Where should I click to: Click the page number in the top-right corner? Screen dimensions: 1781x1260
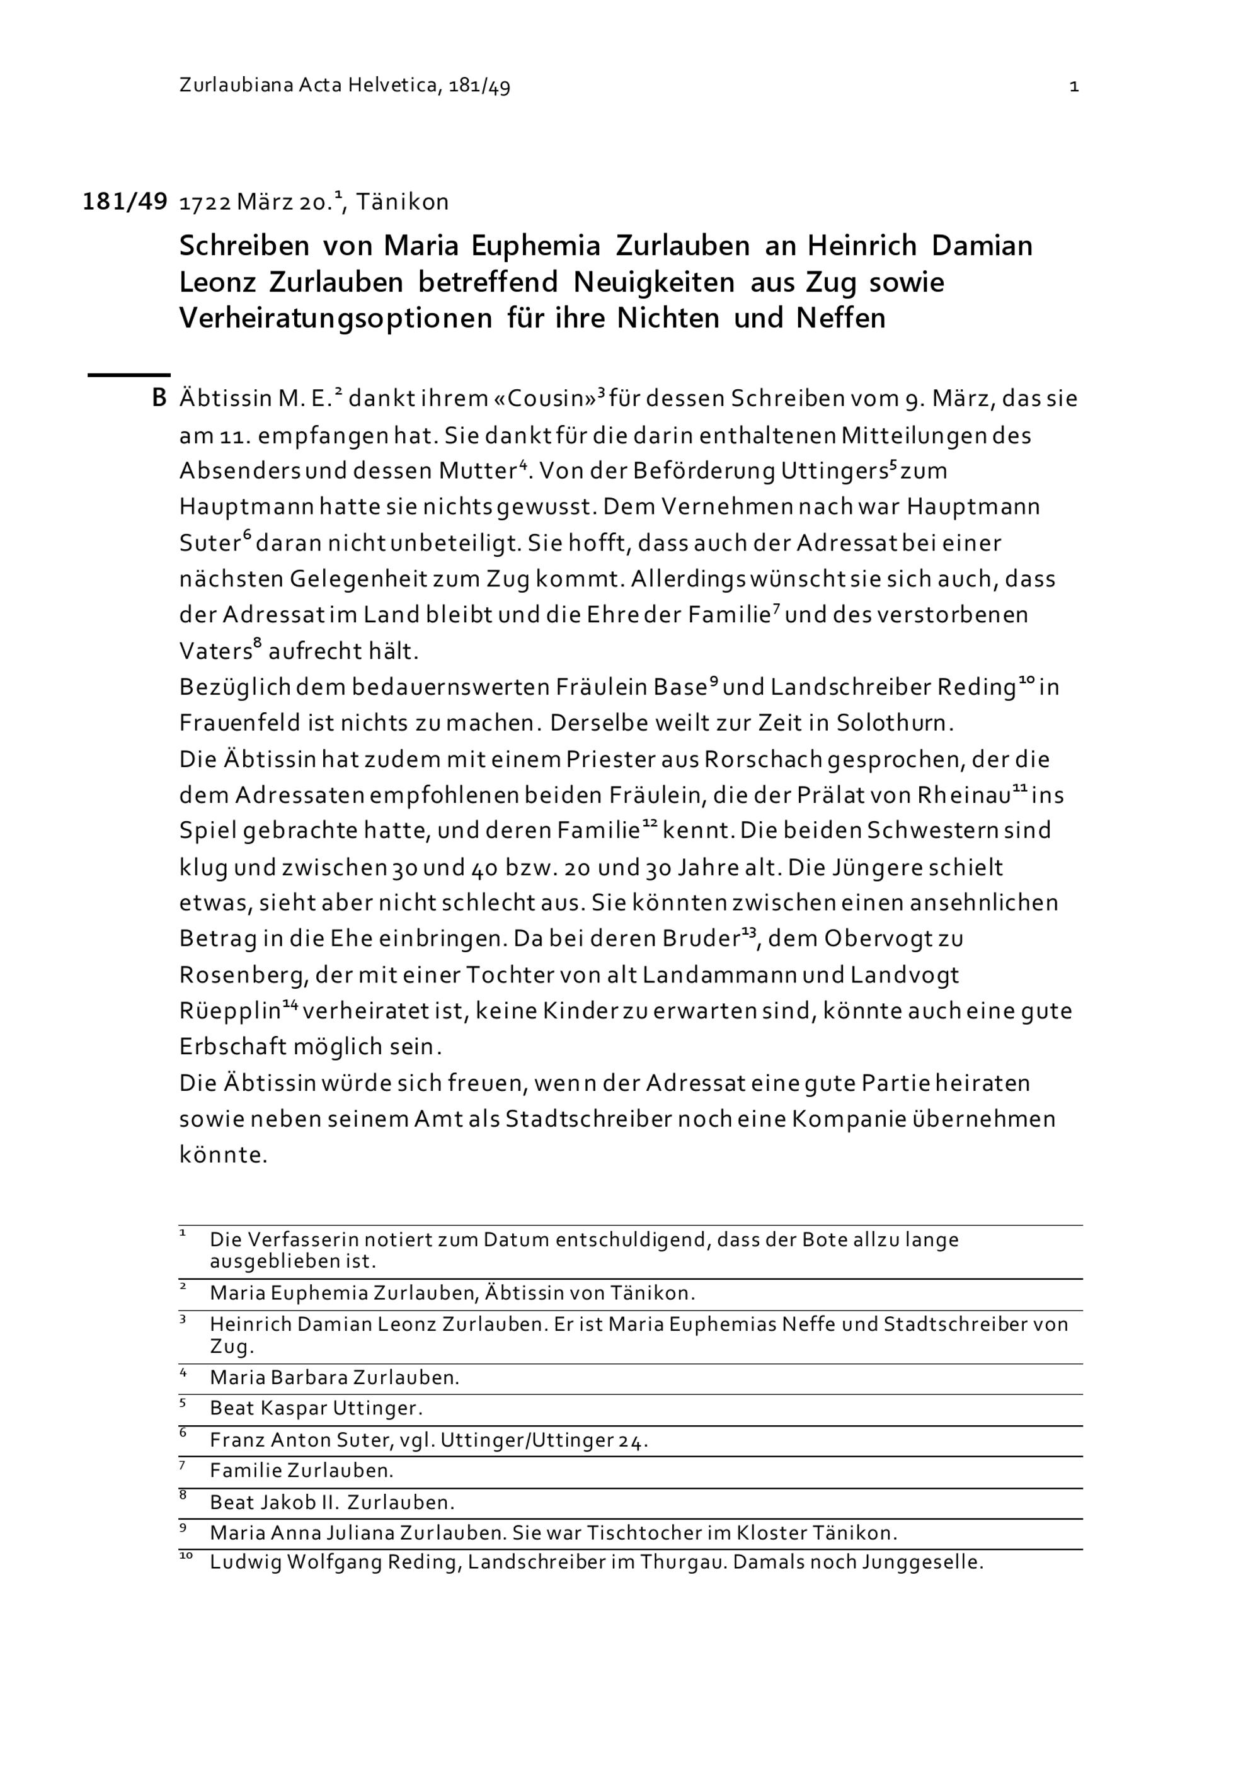point(1074,87)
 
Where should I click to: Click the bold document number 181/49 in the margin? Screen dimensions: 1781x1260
point(125,202)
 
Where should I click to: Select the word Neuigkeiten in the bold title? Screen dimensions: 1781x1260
point(653,282)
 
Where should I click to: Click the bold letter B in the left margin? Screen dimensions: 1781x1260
point(159,399)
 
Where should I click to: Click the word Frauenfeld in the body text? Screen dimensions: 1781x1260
point(239,723)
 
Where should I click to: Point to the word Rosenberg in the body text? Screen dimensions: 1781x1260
point(243,976)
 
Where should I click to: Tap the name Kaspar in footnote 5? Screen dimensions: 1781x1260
point(294,1409)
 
